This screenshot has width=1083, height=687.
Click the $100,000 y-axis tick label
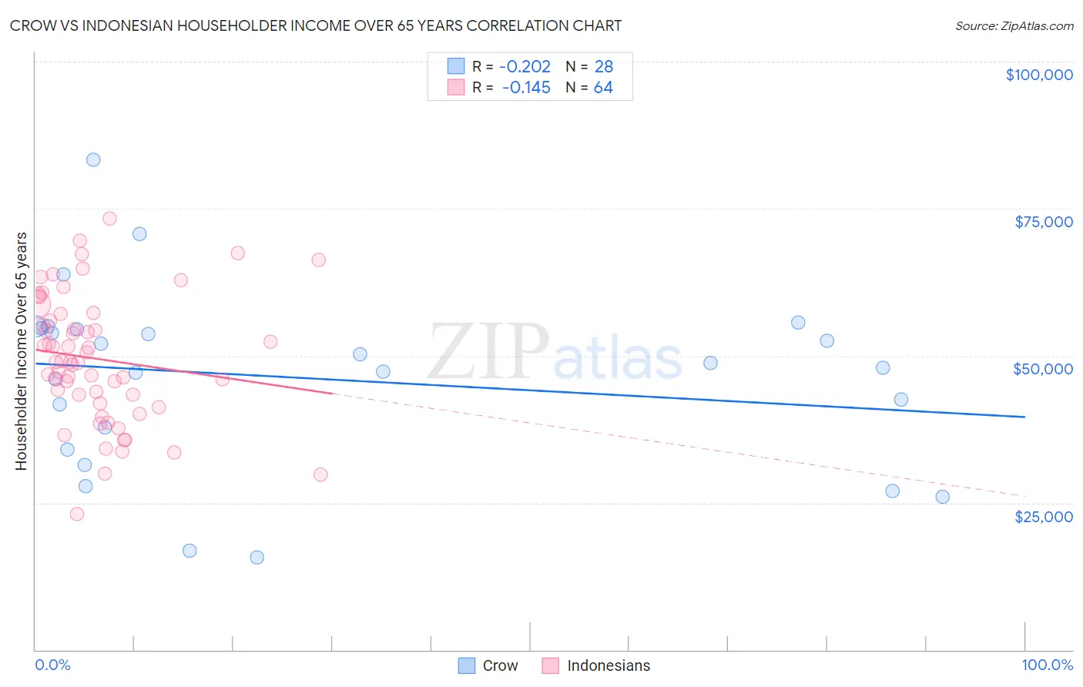coord(1039,75)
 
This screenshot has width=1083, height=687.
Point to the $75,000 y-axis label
coord(1043,222)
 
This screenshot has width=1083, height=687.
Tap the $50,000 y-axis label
coord(1043,369)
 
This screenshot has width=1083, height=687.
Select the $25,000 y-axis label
coord(1043,517)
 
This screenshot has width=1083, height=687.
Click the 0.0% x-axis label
coord(52,665)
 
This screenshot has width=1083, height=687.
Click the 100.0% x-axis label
coord(1047,665)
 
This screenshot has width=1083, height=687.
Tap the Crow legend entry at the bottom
coord(488,665)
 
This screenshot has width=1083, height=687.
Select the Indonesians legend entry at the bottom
coord(596,665)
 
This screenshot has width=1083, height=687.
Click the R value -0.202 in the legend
coord(525,67)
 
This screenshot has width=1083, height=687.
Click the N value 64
coord(603,88)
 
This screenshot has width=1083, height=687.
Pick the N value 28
coord(603,67)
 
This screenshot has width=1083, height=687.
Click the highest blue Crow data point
coord(93,160)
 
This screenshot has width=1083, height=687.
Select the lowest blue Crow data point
coord(257,558)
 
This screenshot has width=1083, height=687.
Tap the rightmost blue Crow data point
coord(942,497)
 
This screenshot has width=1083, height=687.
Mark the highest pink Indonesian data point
coord(109,219)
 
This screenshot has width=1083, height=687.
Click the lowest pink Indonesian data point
coord(77,514)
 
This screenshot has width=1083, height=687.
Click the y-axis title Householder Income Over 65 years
coord(21,350)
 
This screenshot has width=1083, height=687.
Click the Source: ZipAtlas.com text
coord(1014,26)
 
